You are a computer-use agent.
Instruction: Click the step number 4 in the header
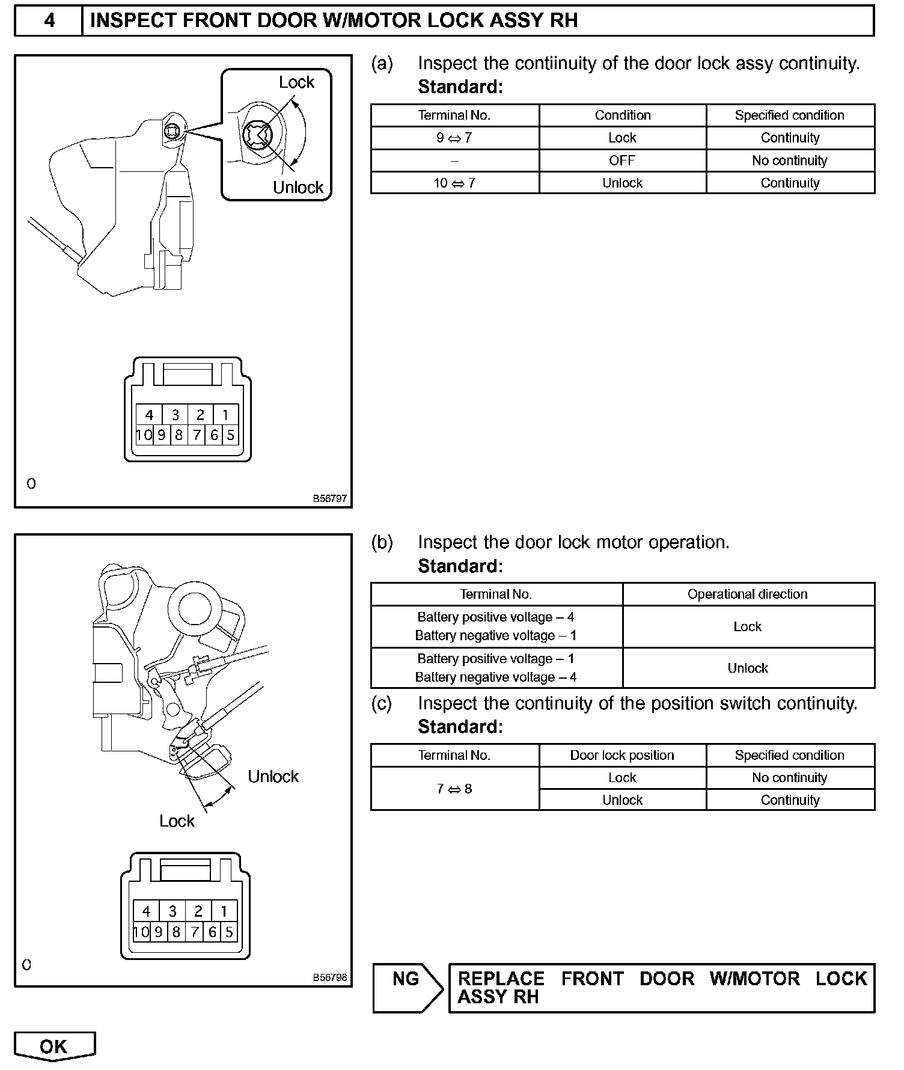49,20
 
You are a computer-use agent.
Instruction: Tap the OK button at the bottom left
54,1047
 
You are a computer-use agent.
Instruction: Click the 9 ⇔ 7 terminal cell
454,138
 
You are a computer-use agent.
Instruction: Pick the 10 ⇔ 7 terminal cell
454,183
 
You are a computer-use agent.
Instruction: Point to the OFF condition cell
622,160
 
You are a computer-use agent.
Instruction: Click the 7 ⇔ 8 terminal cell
454,789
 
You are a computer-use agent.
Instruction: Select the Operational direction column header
748,594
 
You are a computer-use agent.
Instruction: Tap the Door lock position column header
622,755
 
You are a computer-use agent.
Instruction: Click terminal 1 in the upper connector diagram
225,415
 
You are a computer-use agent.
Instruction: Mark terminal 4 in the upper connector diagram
150,415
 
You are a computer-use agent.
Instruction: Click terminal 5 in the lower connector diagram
229,932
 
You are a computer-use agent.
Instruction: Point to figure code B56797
329,498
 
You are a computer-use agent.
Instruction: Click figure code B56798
329,977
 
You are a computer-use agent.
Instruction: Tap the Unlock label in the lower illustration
273,777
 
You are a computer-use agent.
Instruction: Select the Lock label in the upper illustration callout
296,82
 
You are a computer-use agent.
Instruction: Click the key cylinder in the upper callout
257,135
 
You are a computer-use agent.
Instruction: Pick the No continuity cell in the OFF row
790,160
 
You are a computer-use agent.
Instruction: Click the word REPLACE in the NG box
501,979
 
